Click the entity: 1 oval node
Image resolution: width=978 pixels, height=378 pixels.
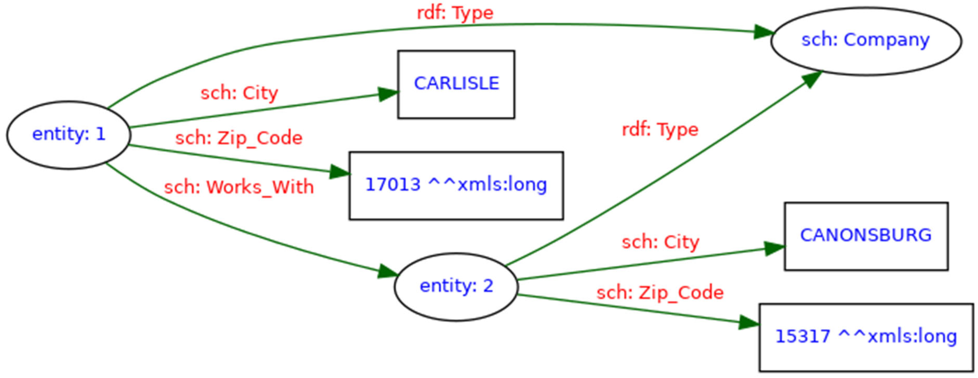pos(69,135)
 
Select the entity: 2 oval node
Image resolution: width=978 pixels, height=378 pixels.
pos(456,286)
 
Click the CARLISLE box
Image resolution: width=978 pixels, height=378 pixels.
pos(456,84)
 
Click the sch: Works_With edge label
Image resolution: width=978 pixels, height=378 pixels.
pos(239,187)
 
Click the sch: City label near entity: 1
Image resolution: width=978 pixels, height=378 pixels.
pos(239,93)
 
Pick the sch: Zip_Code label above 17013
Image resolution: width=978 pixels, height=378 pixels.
pos(239,138)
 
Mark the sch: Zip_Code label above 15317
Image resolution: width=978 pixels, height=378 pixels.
pos(660,293)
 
